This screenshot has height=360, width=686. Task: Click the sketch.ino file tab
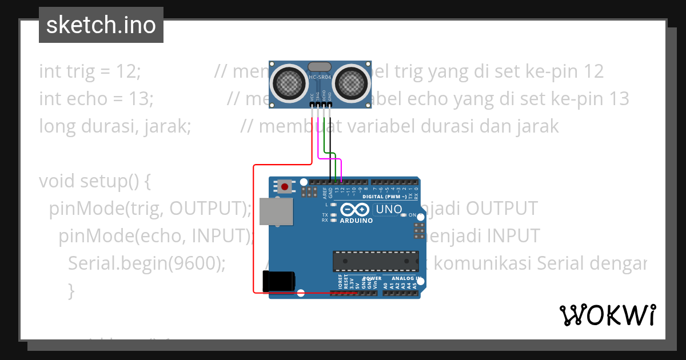click(x=101, y=25)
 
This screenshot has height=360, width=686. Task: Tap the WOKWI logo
click(x=607, y=315)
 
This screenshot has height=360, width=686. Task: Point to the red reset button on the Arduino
click(x=284, y=186)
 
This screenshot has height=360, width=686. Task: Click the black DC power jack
click(x=278, y=281)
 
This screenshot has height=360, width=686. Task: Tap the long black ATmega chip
click(x=375, y=261)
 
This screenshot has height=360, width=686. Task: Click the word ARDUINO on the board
click(x=356, y=221)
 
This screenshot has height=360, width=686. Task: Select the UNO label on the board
click(x=388, y=210)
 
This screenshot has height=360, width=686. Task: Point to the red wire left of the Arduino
click(x=254, y=229)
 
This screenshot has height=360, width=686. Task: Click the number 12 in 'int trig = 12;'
click(x=128, y=71)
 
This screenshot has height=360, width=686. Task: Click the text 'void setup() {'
click(x=95, y=181)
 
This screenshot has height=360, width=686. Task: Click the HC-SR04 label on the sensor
click(x=320, y=77)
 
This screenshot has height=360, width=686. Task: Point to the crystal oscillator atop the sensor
click(x=319, y=66)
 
